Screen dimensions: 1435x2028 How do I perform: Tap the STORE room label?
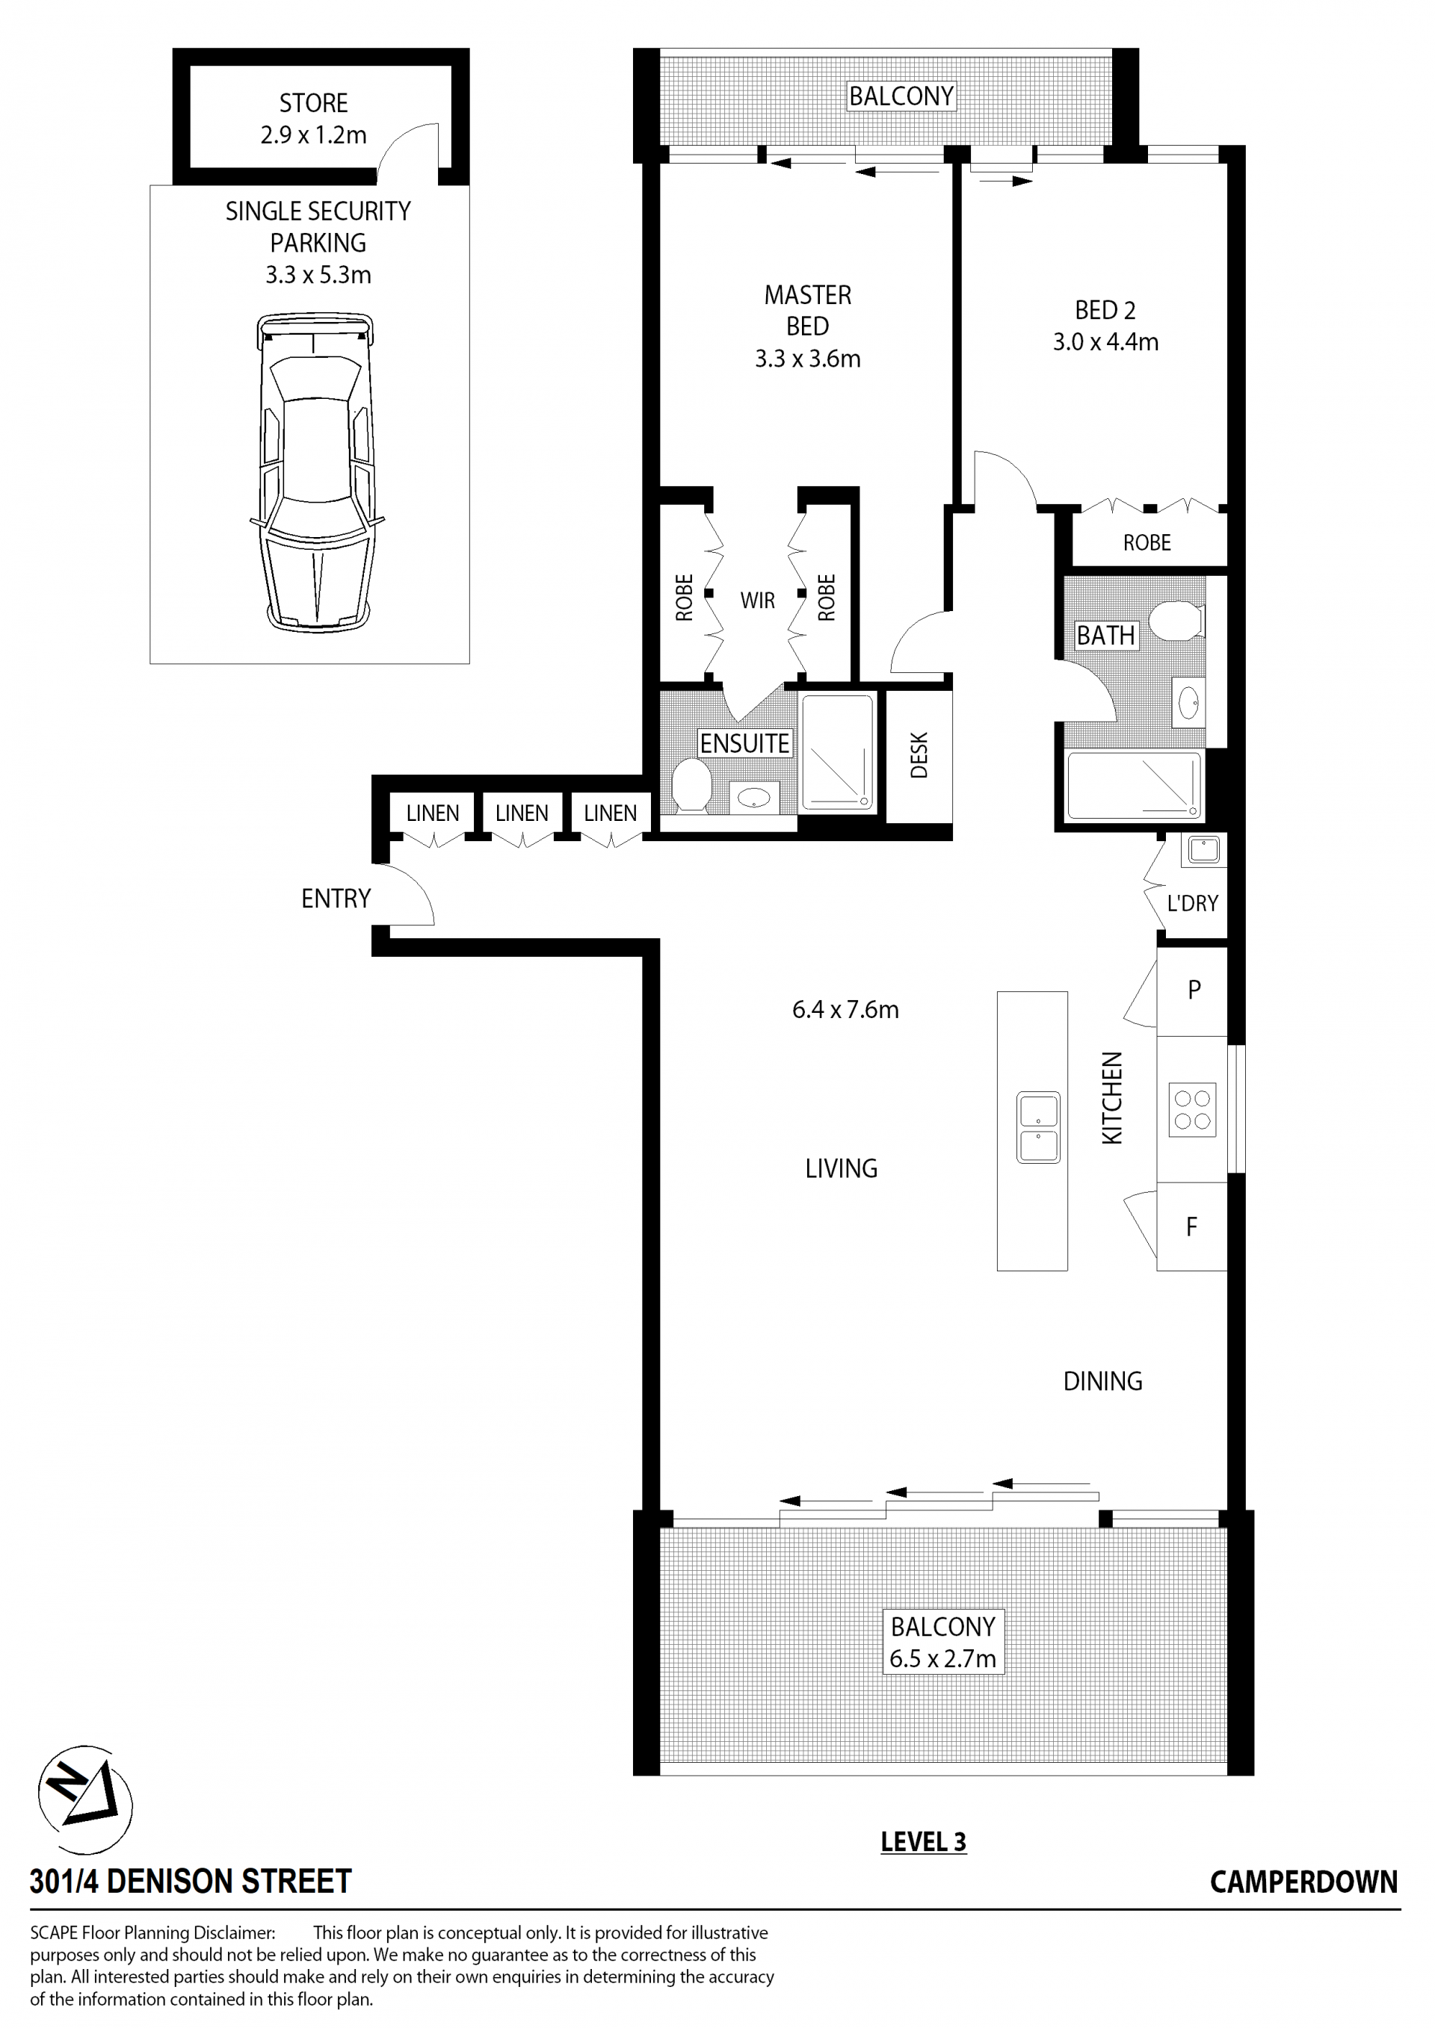click(314, 103)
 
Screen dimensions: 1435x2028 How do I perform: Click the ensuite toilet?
click(691, 784)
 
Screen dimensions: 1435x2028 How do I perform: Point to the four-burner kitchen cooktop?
click(1192, 1109)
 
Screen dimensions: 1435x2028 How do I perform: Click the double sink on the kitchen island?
click(1038, 1127)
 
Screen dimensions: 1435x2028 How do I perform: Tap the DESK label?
click(919, 755)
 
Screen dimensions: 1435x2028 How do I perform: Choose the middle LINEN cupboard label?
click(522, 813)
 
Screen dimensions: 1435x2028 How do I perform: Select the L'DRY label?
click(1192, 903)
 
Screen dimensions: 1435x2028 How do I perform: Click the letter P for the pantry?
click(1194, 989)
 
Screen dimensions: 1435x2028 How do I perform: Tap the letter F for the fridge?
click(1191, 1226)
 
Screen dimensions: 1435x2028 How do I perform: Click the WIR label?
click(757, 601)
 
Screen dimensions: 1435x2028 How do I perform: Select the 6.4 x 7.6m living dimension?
click(845, 1010)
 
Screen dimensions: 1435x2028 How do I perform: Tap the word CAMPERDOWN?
click(1303, 1882)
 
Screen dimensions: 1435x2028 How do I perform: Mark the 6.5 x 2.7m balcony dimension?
click(942, 1659)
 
